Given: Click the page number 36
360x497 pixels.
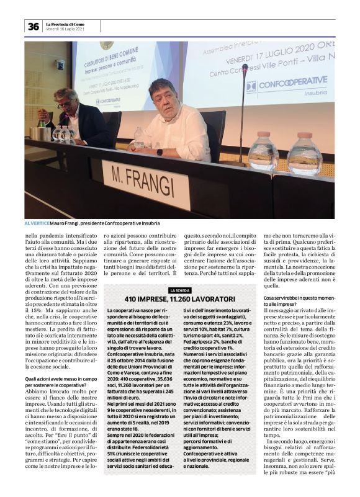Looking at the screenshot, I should pyautogui.click(x=33, y=26).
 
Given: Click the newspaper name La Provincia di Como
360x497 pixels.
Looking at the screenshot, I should pyautogui.click(x=66, y=23).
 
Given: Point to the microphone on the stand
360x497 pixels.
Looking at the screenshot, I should pyautogui.click(x=245, y=68).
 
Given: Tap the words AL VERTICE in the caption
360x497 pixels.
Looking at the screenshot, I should pyautogui.click(x=37, y=223).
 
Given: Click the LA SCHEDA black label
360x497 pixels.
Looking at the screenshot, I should pyautogui.click(x=180, y=290).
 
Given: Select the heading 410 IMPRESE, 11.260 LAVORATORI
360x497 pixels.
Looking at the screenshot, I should pyautogui.click(x=180, y=299).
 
